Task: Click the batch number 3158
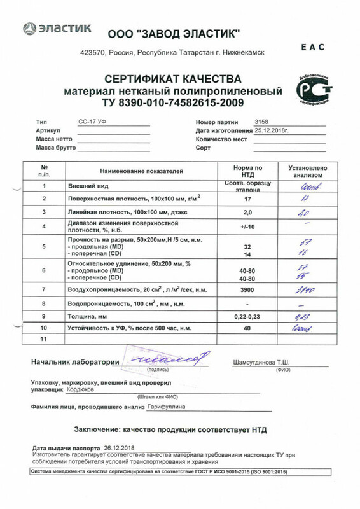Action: tap(261, 120)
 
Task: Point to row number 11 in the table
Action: tap(44, 340)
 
